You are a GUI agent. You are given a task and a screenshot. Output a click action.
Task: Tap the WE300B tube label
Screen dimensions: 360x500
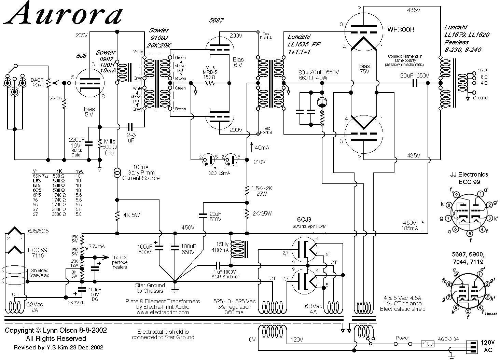pos(401,30)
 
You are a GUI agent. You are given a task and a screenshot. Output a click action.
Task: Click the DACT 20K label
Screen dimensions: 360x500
pos(37,82)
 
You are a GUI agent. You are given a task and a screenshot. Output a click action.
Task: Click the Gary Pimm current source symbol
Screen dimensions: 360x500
pos(117,172)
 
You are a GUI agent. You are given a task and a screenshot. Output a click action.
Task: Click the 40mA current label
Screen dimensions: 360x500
pos(262,148)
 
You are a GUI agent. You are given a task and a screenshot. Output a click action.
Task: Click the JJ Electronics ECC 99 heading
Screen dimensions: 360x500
pos(469,178)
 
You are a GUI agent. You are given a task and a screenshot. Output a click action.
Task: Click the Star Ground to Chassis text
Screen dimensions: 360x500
pos(150,288)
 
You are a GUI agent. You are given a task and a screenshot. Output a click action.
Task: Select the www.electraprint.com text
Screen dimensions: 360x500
pos(163,312)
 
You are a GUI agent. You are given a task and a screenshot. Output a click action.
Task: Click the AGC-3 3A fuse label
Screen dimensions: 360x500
pos(448,339)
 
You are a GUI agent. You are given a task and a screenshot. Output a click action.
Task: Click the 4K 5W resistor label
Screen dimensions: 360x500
pos(131,215)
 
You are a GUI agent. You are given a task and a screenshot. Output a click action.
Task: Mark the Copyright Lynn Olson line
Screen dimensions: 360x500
pos(56,330)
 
